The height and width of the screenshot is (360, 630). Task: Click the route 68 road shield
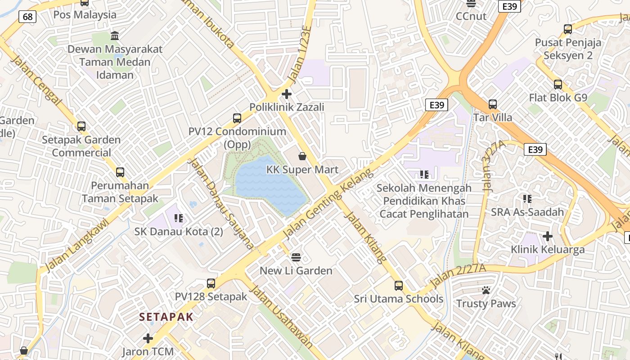pyautogui.click(x=27, y=17)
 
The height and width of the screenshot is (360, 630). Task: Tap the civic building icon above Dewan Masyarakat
pyautogui.click(x=115, y=36)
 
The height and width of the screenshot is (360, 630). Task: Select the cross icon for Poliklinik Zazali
pyautogui.click(x=287, y=94)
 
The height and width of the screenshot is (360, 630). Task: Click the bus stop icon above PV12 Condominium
pyautogui.click(x=237, y=118)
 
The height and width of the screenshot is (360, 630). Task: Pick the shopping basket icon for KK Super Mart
pyautogui.click(x=302, y=156)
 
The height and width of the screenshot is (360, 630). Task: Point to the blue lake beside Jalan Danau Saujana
pyautogui.click(x=270, y=184)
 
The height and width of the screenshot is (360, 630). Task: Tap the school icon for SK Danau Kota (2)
pyautogui.click(x=179, y=218)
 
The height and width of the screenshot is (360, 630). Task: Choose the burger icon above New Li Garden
pyautogui.click(x=296, y=257)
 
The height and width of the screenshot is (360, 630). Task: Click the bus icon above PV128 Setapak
pyautogui.click(x=211, y=283)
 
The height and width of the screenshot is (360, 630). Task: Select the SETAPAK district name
pyautogui.click(x=166, y=317)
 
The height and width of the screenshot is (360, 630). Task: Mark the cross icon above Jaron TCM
pyautogui.click(x=148, y=338)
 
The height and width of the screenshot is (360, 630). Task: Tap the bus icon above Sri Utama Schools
pyautogui.click(x=398, y=285)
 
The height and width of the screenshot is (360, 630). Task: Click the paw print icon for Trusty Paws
pyautogui.click(x=486, y=290)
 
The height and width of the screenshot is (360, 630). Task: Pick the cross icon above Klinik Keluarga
pyautogui.click(x=548, y=236)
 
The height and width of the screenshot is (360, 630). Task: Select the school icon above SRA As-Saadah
pyautogui.click(x=527, y=198)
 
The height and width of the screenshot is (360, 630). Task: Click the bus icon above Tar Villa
pyautogui.click(x=493, y=104)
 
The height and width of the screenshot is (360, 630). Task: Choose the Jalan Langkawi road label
pyautogui.click(x=77, y=245)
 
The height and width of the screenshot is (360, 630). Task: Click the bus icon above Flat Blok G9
pyautogui.click(x=558, y=85)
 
